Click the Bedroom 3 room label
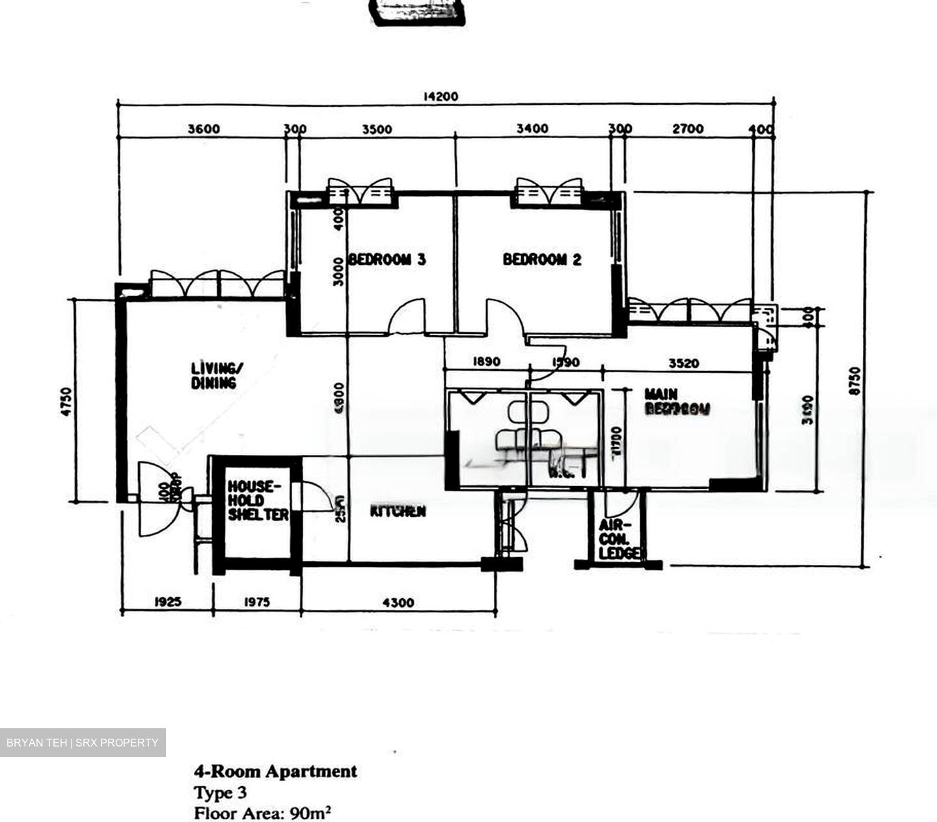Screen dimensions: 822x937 click(x=387, y=260)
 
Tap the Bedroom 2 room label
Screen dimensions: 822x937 click(x=542, y=260)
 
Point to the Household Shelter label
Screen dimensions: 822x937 click(x=258, y=500)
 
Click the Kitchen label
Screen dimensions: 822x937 click(x=398, y=512)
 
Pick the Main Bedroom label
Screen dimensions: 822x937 click(x=676, y=402)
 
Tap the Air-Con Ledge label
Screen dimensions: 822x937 click(x=619, y=540)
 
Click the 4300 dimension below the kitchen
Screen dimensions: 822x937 click(x=398, y=603)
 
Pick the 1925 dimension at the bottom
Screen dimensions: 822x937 click(x=167, y=603)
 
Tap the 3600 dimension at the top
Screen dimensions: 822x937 click(x=204, y=129)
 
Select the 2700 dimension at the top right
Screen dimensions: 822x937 click(x=688, y=129)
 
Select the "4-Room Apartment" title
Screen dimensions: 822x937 click(x=275, y=772)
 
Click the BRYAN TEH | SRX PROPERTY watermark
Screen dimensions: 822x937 click(x=83, y=743)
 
